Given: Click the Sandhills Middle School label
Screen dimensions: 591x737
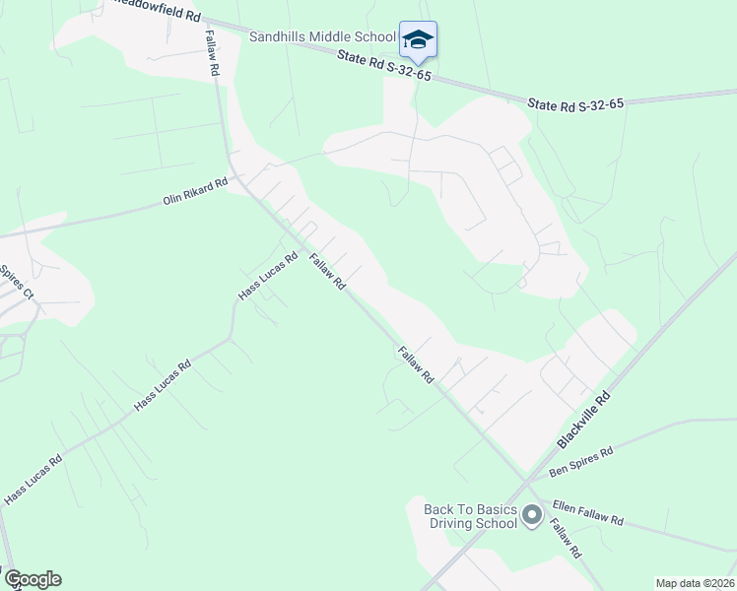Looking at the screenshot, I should (321, 36).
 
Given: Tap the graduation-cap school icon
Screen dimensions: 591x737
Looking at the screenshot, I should (418, 40).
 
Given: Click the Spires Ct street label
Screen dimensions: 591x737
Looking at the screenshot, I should (17, 281).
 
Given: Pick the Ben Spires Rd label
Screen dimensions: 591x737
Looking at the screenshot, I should (580, 458).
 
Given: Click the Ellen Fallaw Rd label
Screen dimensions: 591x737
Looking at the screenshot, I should (587, 513).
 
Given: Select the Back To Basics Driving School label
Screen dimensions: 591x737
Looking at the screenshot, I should (470, 516).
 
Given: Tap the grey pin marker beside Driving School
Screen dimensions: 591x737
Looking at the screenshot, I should (532, 514).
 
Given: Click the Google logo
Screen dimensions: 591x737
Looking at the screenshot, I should (32, 579).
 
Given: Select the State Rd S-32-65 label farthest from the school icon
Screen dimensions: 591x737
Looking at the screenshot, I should (575, 102).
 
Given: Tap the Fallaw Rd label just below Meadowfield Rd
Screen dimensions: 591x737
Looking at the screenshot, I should (212, 53).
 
